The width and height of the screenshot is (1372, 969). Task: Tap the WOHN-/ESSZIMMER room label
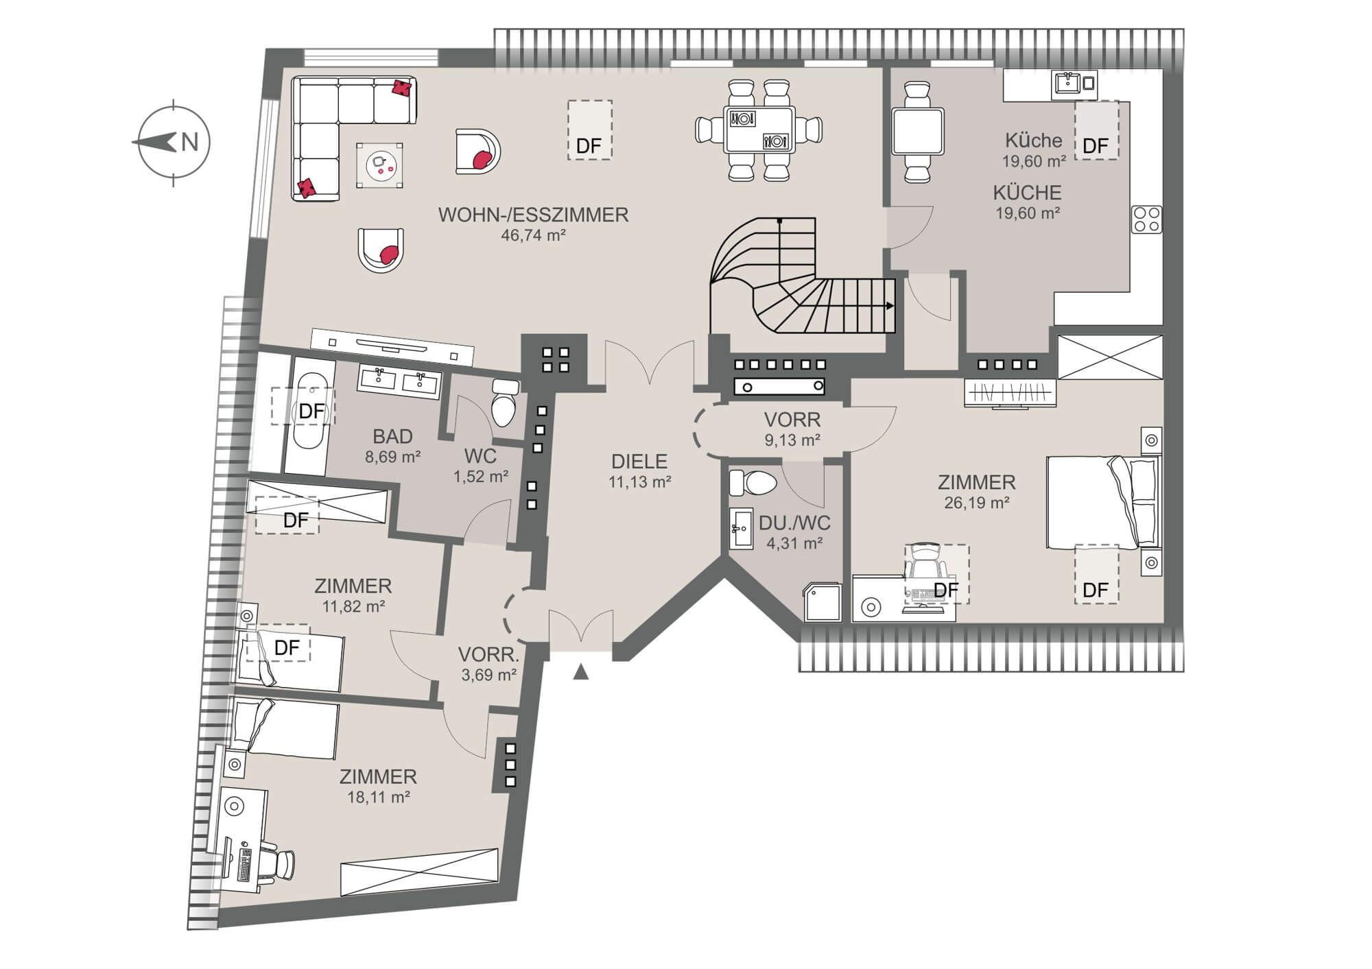click(533, 215)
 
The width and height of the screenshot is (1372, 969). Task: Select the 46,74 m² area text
click(533, 235)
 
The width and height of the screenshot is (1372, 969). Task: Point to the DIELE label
click(639, 462)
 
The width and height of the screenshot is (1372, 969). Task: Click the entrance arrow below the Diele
click(581, 671)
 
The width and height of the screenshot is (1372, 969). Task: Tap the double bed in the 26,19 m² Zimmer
click(1102, 502)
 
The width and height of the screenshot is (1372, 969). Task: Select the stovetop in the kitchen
click(1146, 219)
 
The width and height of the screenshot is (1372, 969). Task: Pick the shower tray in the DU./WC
click(821, 601)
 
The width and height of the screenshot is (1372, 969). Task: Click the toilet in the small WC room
click(506, 402)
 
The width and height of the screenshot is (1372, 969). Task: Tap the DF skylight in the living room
click(589, 130)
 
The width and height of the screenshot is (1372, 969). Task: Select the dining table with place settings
click(759, 130)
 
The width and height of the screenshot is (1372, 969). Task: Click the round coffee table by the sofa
click(379, 165)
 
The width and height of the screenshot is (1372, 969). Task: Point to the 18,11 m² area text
click(379, 797)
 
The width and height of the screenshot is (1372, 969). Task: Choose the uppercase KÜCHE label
click(1028, 193)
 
